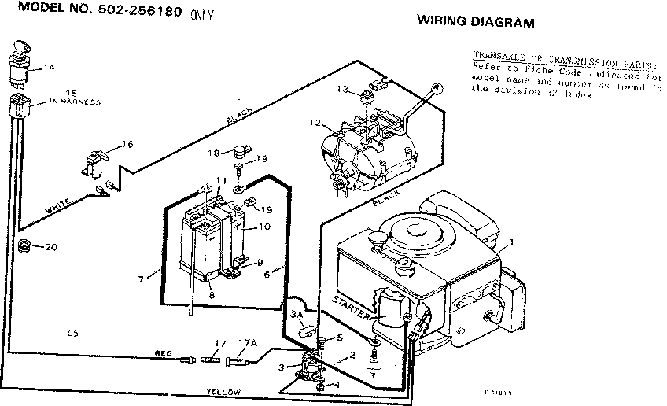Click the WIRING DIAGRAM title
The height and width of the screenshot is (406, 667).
[475, 22]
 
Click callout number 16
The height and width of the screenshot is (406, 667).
[127, 145]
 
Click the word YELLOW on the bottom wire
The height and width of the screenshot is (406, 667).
[223, 391]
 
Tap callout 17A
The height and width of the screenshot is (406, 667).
[248, 343]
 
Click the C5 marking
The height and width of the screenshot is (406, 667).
[73, 334]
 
